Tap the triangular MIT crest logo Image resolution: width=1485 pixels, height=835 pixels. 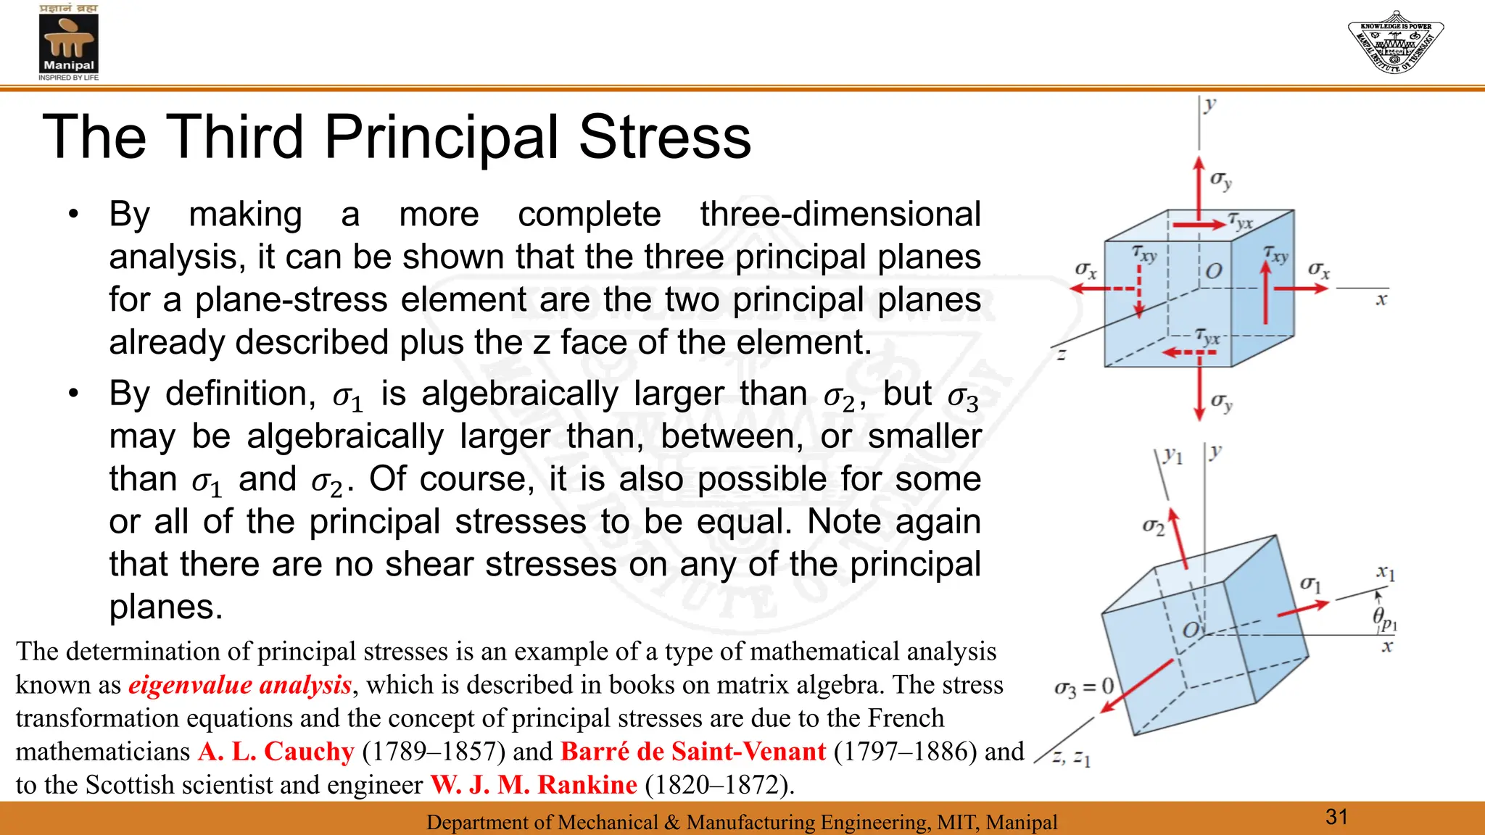1395,42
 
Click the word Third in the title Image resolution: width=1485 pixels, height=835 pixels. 235,137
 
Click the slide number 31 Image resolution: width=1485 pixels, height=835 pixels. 1336,817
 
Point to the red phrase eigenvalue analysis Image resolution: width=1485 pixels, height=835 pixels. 240,685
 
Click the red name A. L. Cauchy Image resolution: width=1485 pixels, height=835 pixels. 276,752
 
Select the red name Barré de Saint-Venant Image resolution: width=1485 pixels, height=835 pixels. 693,752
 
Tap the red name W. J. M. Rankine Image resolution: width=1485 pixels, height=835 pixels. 534,785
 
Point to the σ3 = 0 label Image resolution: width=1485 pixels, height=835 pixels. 1084,687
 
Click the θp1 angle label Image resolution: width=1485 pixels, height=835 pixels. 1384,618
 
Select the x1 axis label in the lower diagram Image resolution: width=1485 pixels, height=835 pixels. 1386,573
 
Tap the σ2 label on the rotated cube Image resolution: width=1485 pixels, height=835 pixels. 1153,526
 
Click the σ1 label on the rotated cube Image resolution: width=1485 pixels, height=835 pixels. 1310,584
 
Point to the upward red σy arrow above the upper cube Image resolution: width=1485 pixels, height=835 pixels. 1199,188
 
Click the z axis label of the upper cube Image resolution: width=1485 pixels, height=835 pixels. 1061,355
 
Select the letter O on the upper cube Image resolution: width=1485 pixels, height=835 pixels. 1214,271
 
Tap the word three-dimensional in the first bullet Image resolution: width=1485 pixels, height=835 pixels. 840,215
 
